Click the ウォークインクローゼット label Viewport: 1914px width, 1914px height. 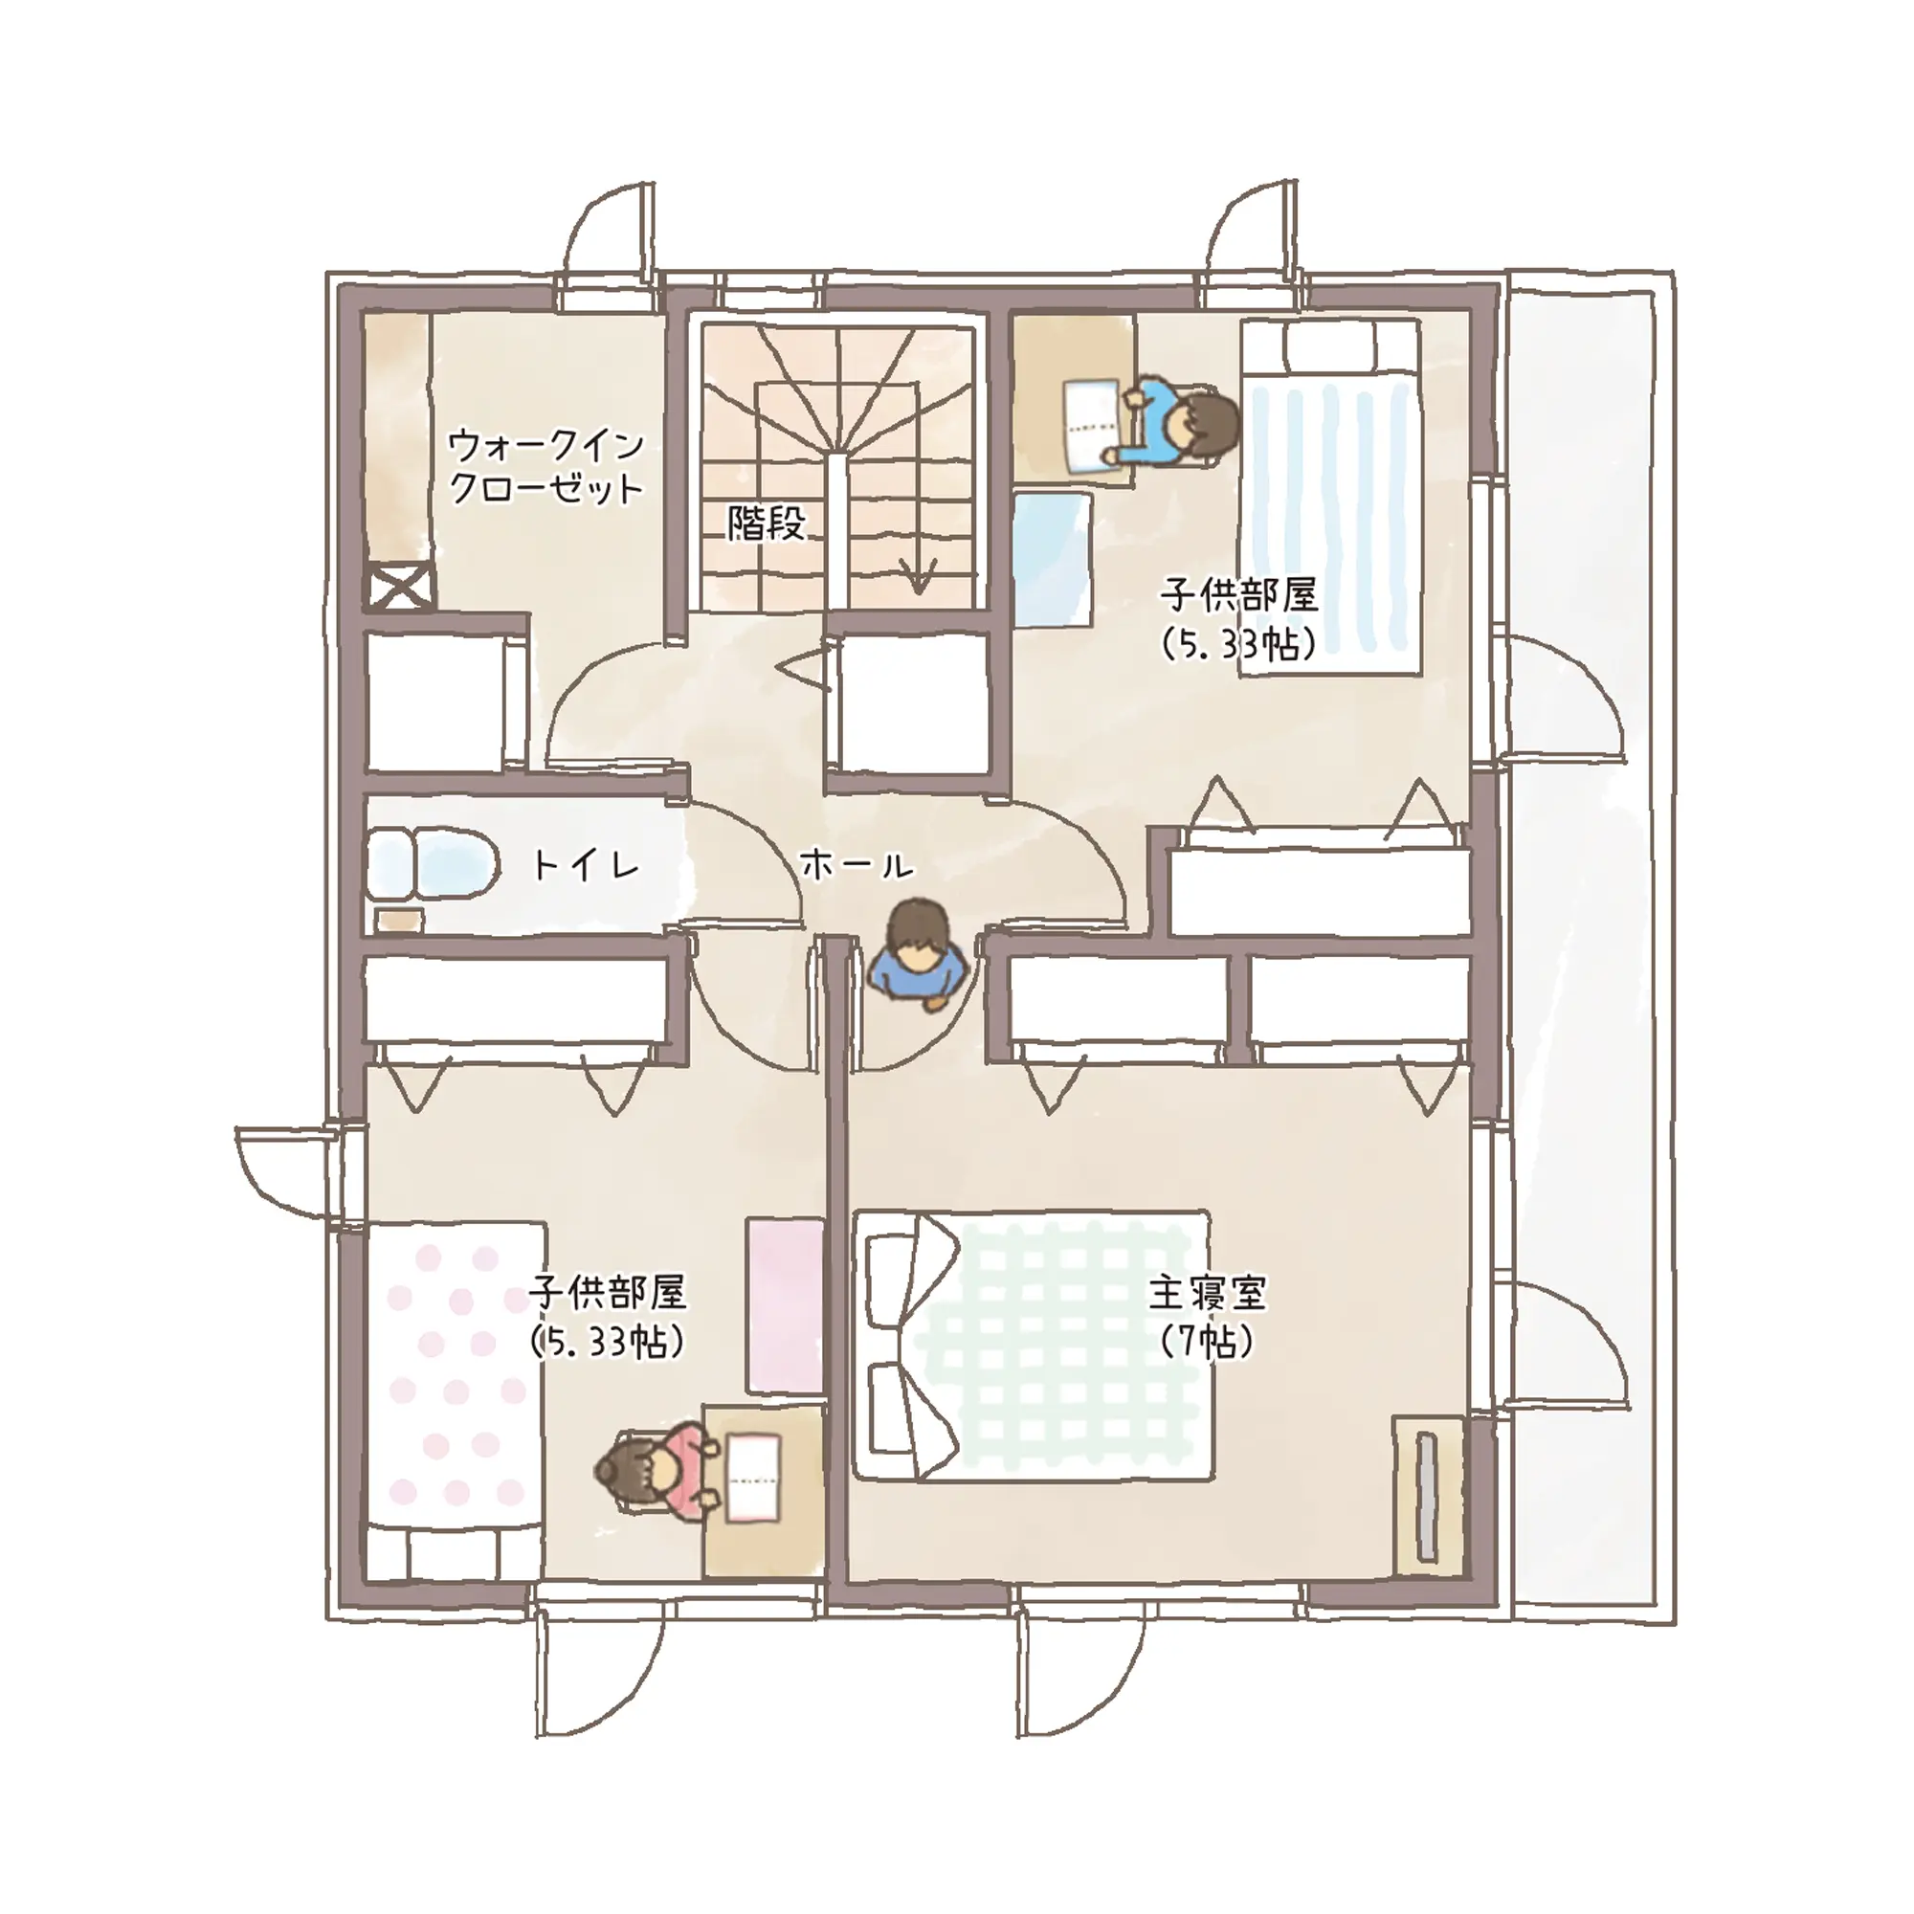click(545, 468)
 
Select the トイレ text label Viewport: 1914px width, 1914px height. click(587, 865)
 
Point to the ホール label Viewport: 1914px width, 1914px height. click(856, 865)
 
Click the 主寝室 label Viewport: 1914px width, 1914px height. click(1208, 1292)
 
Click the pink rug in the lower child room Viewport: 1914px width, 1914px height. click(785, 1304)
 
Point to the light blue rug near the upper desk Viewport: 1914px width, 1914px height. click(1052, 560)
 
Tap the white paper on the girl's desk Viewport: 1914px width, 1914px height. click(755, 1480)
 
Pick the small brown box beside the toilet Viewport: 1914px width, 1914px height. click(400, 920)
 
